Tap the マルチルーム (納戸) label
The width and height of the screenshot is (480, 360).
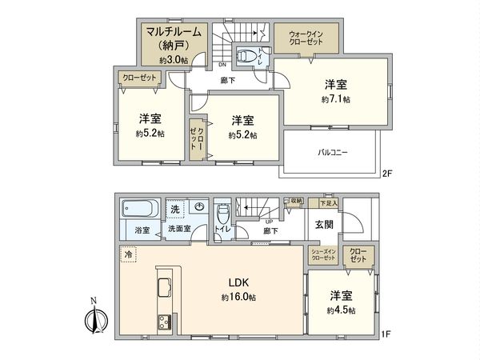tap(171, 38)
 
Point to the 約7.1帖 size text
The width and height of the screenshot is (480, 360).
tap(335, 100)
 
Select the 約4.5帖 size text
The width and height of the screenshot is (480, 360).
tap(340, 310)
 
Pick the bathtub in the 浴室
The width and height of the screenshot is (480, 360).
tap(140, 210)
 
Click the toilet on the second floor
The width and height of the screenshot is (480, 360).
tap(252, 57)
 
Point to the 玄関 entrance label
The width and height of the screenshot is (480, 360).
tap(324, 223)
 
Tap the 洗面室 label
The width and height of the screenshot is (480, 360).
tap(178, 230)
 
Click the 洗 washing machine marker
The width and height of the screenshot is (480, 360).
tap(174, 209)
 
